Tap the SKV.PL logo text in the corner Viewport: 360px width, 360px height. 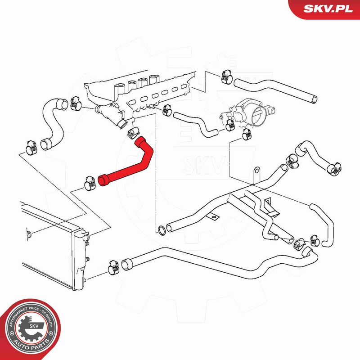(328, 9)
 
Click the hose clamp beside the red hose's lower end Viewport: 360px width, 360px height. (90, 183)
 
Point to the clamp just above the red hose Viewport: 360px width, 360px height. (133, 132)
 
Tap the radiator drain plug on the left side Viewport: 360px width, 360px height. (29, 234)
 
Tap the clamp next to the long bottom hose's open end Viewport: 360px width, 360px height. (114, 267)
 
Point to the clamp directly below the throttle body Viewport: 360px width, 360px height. (247, 135)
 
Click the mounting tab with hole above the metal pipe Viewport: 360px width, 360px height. (257, 173)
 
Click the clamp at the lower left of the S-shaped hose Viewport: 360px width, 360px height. (31, 148)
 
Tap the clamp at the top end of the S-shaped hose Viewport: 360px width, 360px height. (76, 103)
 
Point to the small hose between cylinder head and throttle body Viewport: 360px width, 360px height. (196, 125)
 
